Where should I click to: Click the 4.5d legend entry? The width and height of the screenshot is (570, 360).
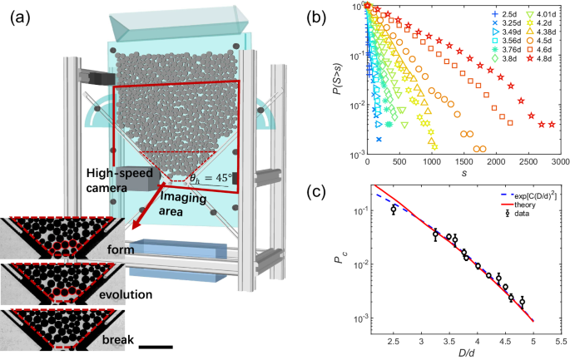tap(542, 39)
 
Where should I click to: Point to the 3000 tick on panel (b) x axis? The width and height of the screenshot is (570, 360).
tap(559, 164)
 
